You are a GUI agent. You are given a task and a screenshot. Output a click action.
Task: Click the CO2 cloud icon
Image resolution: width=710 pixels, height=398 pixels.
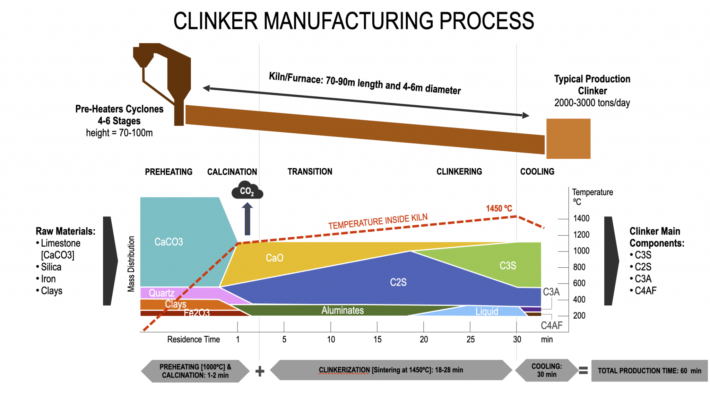click(247, 191)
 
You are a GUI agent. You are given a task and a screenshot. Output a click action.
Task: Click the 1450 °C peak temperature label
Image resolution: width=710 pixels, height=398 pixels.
click(499, 208)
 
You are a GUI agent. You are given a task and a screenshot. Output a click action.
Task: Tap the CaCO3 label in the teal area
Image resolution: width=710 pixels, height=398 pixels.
click(168, 242)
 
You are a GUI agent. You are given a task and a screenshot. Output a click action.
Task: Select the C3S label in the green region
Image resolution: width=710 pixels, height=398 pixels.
click(508, 266)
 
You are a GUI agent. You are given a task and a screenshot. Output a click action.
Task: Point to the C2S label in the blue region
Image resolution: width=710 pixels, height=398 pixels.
click(398, 282)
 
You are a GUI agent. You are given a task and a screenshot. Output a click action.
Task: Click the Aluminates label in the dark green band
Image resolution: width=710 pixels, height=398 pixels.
click(343, 310)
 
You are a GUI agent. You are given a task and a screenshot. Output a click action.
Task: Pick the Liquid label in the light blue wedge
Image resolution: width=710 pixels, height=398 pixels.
click(487, 311)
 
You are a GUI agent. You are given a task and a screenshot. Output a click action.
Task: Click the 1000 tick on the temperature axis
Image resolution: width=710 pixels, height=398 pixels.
click(581, 251)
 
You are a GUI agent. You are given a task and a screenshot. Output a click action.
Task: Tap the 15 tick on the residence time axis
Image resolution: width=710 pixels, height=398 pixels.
click(377, 339)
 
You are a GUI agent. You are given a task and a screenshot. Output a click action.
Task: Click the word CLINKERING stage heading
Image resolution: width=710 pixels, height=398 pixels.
click(459, 171)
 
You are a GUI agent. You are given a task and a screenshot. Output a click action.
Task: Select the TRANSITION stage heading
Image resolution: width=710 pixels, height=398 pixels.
click(310, 171)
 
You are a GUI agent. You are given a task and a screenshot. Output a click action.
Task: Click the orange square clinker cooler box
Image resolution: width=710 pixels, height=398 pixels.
click(568, 139)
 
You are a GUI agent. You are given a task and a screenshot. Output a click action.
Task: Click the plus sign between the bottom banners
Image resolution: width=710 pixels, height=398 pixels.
click(260, 371)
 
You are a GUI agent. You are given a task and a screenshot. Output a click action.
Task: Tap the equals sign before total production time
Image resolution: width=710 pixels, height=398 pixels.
click(583, 371)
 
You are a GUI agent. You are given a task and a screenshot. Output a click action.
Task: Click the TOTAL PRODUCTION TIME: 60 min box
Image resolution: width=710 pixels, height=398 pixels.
click(649, 371)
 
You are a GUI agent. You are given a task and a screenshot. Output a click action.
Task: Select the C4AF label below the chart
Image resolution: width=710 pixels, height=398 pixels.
click(551, 325)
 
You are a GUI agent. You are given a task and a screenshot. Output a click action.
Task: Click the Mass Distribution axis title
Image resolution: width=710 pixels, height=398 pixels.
click(131, 264)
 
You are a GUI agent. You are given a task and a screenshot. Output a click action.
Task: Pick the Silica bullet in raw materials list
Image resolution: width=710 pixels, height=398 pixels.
click(51, 267)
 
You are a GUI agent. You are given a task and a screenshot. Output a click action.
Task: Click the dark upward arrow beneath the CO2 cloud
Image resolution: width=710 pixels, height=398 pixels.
click(247, 219)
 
